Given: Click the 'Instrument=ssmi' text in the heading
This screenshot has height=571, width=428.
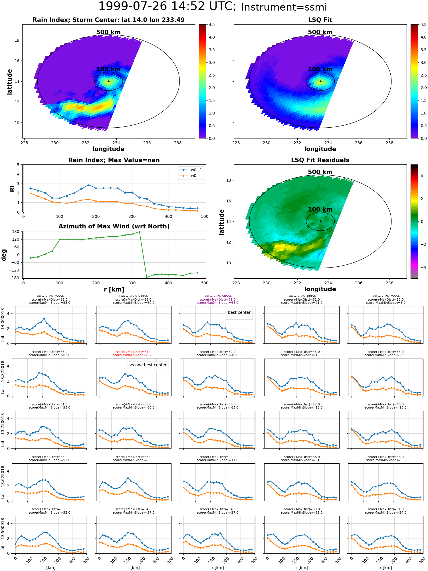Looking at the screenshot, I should pyautogui.click(x=284, y=7).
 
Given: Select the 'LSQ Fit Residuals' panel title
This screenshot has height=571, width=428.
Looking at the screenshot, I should pyautogui.click(x=320, y=160).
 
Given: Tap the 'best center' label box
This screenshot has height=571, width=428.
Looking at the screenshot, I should pyautogui.click(x=239, y=313).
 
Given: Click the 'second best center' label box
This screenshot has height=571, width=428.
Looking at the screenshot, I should pyautogui.click(x=148, y=365).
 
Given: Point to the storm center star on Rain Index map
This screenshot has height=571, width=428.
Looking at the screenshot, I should pyautogui.click(x=108, y=81).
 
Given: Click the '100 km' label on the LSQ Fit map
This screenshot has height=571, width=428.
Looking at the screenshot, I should pyautogui.click(x=320, y=69).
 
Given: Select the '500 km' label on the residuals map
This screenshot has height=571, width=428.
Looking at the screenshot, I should pyautogui.click(x=320, y=172).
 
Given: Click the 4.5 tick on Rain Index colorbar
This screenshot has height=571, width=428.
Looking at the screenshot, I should pyautogui.click(x=212, y=25).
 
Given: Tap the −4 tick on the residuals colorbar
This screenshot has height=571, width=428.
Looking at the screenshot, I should pyautogui.click(x=422, y=267).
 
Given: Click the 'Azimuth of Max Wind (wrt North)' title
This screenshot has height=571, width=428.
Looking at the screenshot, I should pyautogui.click(x=114, y=226).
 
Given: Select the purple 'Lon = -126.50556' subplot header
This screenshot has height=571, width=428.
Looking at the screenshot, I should pyautogui.click(x=217, y=296).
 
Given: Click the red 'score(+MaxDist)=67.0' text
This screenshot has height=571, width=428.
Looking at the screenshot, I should pyautogui.click(x=134, y=352).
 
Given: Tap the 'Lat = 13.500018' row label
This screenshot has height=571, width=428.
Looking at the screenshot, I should pyautogui.click(x=3, y=535).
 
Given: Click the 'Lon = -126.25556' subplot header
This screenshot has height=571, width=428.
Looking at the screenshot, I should pyautogui.click(x=385, y=296).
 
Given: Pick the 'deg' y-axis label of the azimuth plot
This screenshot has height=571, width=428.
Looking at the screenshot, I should pyautogui.click(x=4, y=255).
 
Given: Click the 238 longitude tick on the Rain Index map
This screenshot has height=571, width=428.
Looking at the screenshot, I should pyautogui.click(x=177, y=143).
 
